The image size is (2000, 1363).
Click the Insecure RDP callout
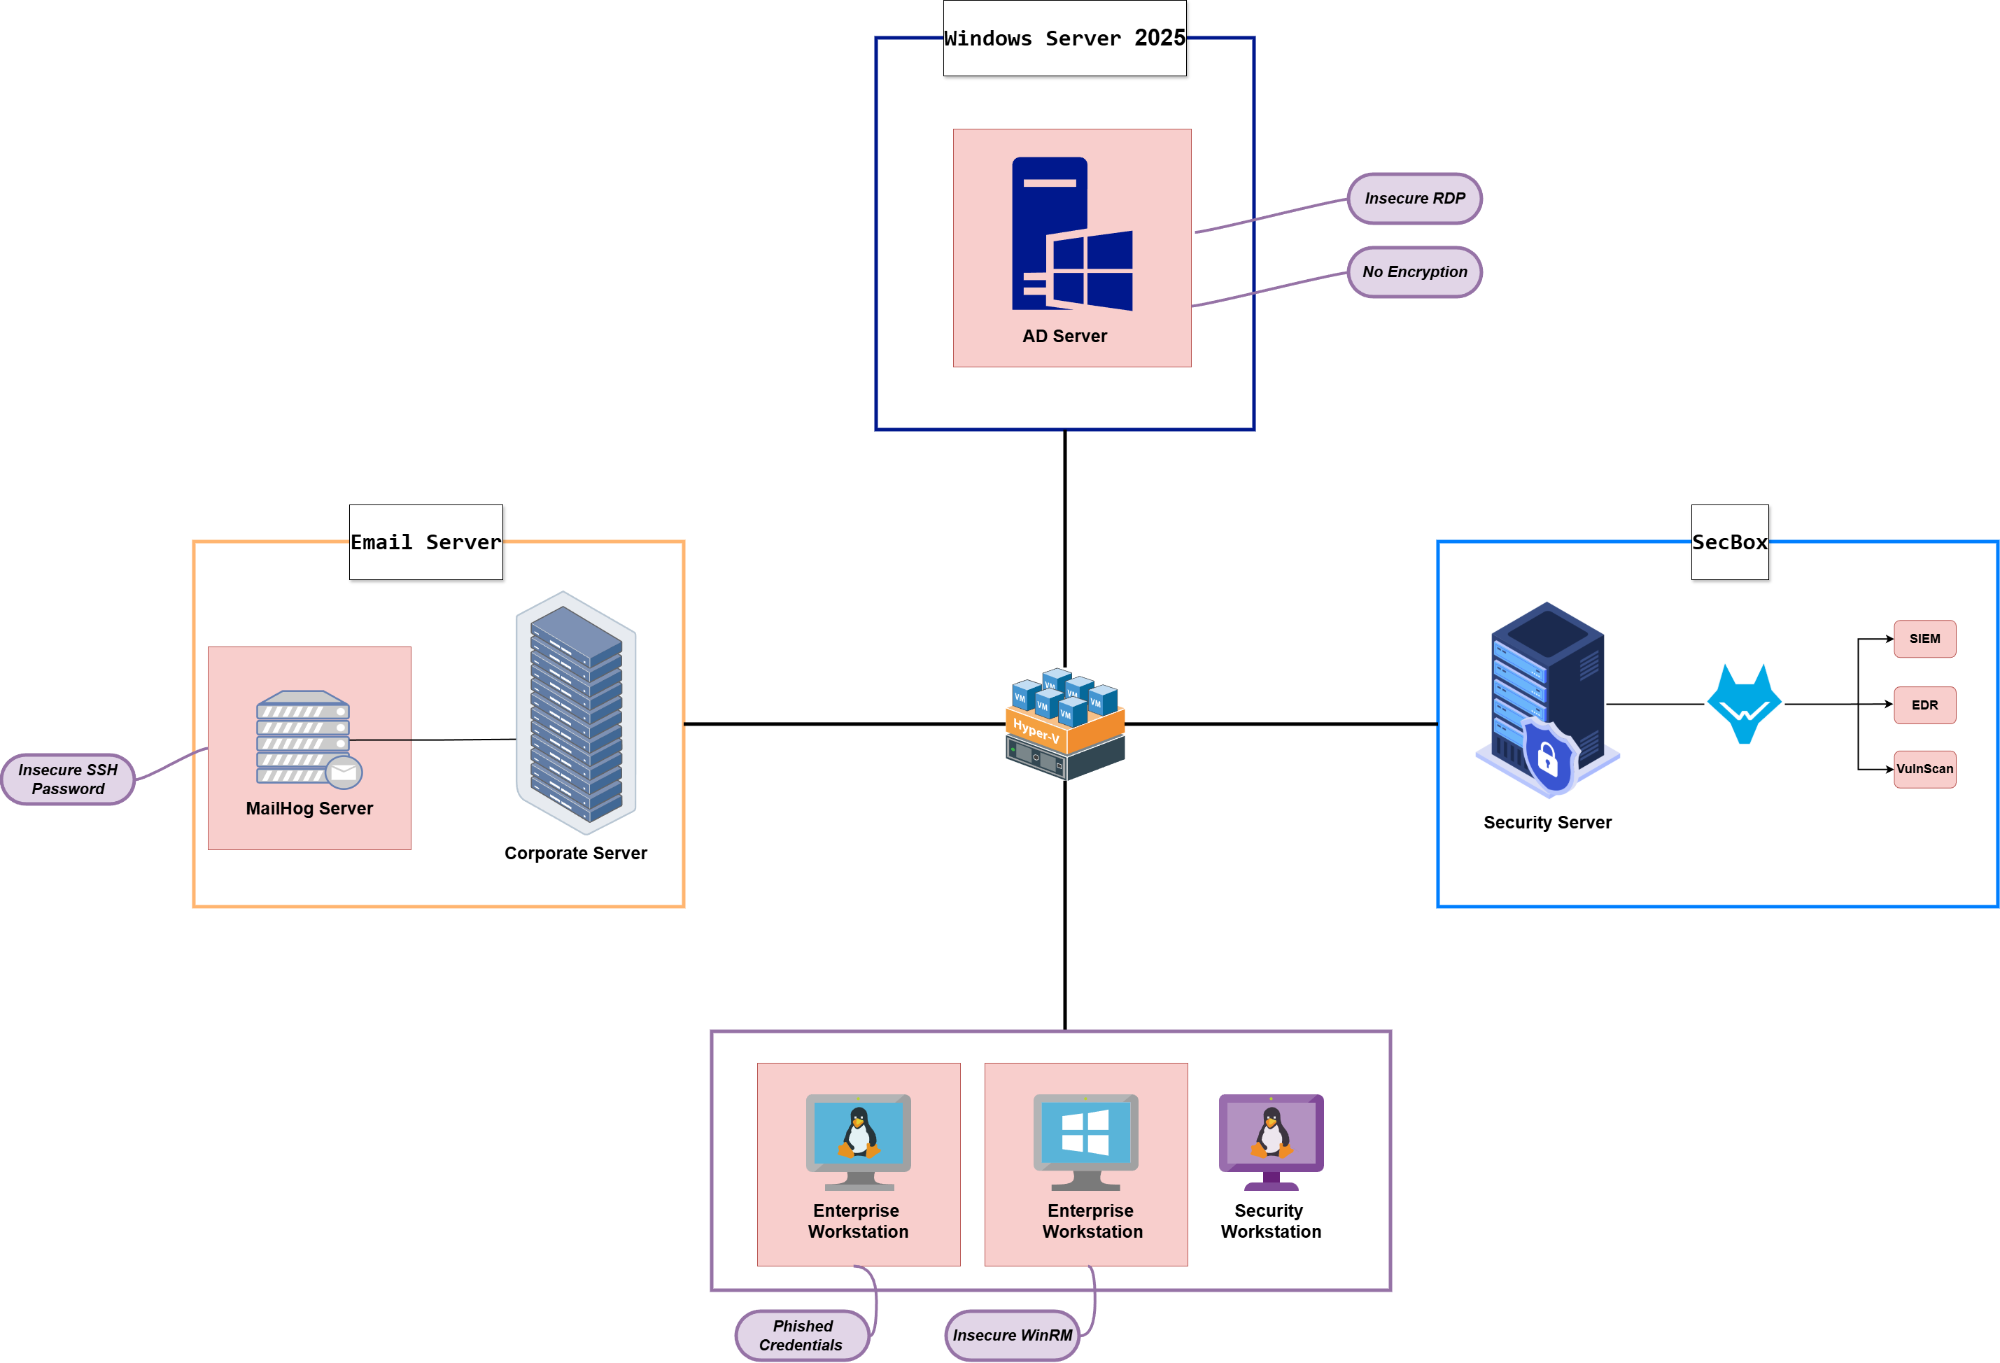click(1414, 199)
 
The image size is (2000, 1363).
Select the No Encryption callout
click(1414, 272)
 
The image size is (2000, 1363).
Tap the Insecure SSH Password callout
click(68, 779)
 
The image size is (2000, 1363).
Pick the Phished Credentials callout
click(802, 1336)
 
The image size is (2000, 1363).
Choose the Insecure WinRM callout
click(1012, 1336)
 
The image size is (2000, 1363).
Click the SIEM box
click(1924, 639)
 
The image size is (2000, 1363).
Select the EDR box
click(1924, 705)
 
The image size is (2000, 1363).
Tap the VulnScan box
click(1924, 769)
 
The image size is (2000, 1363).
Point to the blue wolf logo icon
click(1744, 705)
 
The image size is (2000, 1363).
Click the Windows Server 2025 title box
click(1064, 38)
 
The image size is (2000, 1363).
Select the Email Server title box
click(426, 542)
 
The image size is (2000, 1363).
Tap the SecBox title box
click(1730, 542)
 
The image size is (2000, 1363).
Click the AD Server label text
click(1064, 337)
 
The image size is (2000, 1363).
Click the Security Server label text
click(1547, 823)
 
